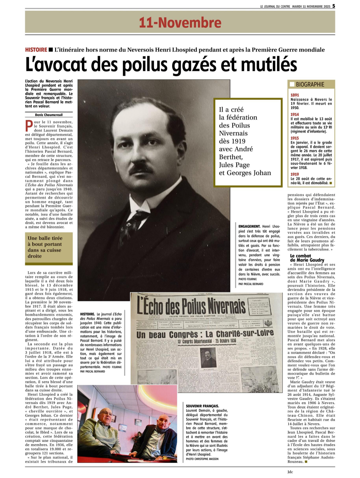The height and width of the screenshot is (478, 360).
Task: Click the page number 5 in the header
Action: [334, 6]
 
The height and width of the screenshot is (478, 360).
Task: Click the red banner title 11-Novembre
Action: [180, 23]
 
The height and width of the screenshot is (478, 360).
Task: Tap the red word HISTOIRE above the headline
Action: [36, 50]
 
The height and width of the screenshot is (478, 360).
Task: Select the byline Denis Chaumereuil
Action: [49, 115]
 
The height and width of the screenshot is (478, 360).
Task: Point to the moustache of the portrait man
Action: [141, 168]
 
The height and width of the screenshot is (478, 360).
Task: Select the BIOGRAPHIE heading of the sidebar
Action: [310, 84]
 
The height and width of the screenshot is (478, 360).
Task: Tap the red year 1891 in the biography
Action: [295, 95]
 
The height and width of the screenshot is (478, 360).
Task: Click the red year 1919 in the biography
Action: [295, 174]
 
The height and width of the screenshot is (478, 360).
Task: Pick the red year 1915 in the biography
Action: [295, 138]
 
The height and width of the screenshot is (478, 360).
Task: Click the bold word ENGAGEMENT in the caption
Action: [249, 227]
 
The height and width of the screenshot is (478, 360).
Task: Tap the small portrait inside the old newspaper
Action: [208, 358]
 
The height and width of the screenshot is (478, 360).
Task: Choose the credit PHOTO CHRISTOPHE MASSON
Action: [202, 459]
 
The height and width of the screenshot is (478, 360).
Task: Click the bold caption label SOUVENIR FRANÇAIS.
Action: [202, 406]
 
